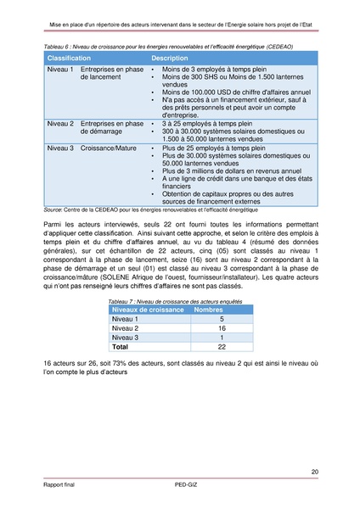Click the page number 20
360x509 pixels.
[315, 472]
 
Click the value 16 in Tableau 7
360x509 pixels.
[221, 327]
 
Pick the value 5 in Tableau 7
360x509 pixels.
[221, 319]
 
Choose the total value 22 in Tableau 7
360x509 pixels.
[221, 346]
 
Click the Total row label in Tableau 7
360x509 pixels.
[121, 346]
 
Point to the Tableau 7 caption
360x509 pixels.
[161, 301]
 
